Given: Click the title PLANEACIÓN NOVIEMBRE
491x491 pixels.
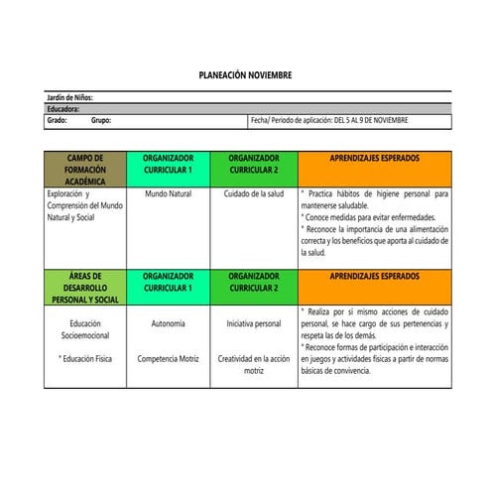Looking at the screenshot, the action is point(245,76).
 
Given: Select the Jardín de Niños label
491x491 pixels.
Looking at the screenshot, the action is point(70,98).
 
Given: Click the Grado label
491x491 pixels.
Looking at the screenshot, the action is point(57,120).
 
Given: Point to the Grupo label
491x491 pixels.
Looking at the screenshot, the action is point(101,120).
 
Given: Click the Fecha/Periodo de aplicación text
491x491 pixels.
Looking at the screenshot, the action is point(329,120).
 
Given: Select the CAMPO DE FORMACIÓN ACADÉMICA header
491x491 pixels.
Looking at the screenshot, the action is point(84,170).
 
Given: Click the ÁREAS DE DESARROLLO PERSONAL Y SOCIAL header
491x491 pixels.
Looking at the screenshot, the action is point(84,288).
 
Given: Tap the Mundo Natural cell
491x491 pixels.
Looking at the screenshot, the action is point(168,194).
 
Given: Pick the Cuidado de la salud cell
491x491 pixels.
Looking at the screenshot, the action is point(254,194).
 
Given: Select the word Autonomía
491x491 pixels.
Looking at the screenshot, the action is point(168,323).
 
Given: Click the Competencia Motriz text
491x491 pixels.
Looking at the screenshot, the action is point(168,357).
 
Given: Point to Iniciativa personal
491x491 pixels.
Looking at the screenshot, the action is point(254,323).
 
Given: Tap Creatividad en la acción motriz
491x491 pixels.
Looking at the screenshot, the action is point(254,363).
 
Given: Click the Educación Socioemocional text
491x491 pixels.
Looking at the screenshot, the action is point(84,329).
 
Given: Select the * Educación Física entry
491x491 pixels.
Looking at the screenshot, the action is point(84,357).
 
